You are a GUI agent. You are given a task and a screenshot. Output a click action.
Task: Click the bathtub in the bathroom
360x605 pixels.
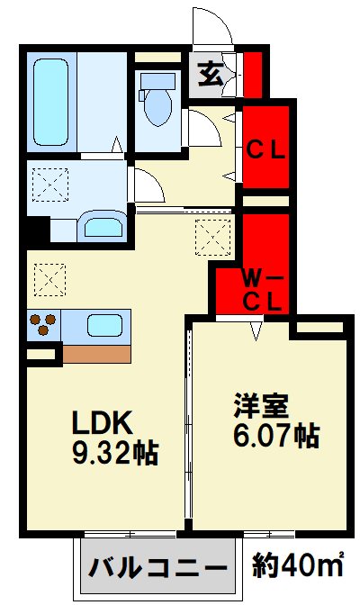[x=50, y=102]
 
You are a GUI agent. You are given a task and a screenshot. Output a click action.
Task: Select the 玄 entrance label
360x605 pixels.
[x=211, y=74]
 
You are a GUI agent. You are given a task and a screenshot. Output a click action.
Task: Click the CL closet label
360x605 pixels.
[x=265, y=150]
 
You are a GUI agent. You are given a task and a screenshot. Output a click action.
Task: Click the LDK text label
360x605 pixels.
[x=103, y=422]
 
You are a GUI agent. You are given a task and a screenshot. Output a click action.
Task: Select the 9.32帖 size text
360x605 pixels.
[x=115, y=453]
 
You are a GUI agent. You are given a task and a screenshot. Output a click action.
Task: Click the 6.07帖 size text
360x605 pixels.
[x=276, y=436]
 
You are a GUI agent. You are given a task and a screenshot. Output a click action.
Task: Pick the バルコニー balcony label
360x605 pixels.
[x=157, y=567]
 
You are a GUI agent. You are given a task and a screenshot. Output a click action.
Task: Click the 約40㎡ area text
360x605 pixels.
[x=298, y=565]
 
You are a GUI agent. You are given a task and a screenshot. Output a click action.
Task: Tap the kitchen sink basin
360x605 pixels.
[x=104, y=325]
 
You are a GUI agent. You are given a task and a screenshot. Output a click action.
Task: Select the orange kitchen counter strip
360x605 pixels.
[x=96, y=354]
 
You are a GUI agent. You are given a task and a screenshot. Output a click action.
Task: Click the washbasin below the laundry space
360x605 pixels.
[x=103, y=227]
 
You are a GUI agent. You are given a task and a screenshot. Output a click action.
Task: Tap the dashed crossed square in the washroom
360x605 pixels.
[x=50, y=185]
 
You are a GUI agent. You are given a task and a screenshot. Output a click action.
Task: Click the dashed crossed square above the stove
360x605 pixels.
[x=49, y=280]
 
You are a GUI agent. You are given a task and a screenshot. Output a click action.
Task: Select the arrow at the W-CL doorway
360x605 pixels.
[x=256, y=331]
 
